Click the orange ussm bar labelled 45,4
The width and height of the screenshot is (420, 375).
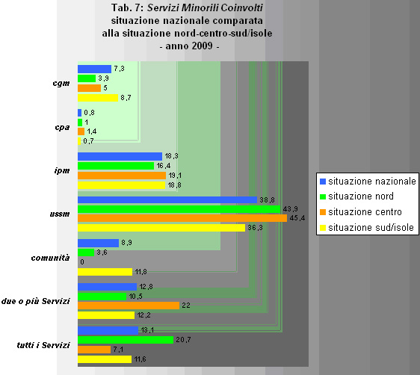pyautogui.click(x=182, y=218)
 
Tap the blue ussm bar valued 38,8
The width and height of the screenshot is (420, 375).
pyautogui.click(x=167, y=200)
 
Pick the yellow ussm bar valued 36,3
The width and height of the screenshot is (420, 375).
pyautogui.click(x=161, y=228)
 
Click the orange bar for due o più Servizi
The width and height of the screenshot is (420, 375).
pyautogui.click(x=128, y=305)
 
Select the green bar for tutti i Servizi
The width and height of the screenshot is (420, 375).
pyautogui.click(x=125, y=340)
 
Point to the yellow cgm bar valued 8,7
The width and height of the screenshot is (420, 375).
pyautogui.click(x=97, y=97)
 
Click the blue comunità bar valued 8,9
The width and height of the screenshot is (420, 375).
pyautogui.click(x=98, y=243)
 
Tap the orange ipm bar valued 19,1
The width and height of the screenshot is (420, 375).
pyautogui.click(x=121, y=175)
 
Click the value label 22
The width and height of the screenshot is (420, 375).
pyautogui.click(x=185, y=306)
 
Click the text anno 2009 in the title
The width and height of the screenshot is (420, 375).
pyautogui.click(x=190, y=46)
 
